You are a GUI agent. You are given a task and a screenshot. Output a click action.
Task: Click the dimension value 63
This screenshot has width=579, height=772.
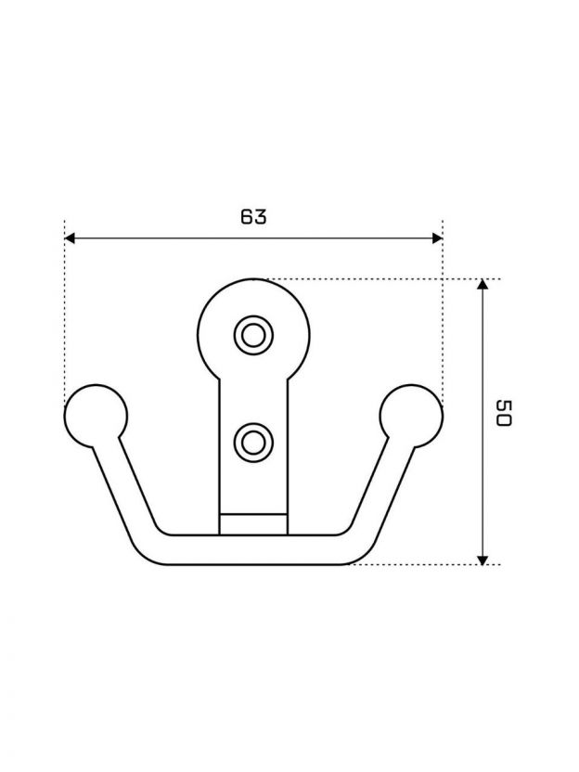(x=253, y=216)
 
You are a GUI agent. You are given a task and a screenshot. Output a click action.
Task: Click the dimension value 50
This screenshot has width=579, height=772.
(x=504, y=413)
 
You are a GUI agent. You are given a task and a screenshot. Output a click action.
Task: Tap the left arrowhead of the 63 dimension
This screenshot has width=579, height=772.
(x=70, y=238)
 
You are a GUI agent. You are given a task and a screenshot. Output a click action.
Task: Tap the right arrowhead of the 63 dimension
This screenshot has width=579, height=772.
(x=437, y=238)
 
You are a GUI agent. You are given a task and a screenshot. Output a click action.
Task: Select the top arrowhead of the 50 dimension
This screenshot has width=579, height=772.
(x=482, y=284)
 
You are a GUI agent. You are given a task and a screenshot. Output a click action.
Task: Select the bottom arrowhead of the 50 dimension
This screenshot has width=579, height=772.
(x=482, y=560)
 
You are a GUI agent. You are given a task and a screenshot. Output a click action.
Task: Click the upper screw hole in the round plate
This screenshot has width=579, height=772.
(x=253, y=335)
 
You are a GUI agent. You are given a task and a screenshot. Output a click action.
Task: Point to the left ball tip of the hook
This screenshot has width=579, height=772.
(x=96, y=416)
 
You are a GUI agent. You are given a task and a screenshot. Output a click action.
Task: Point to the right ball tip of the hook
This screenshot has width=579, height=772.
(x=411, y=416)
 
